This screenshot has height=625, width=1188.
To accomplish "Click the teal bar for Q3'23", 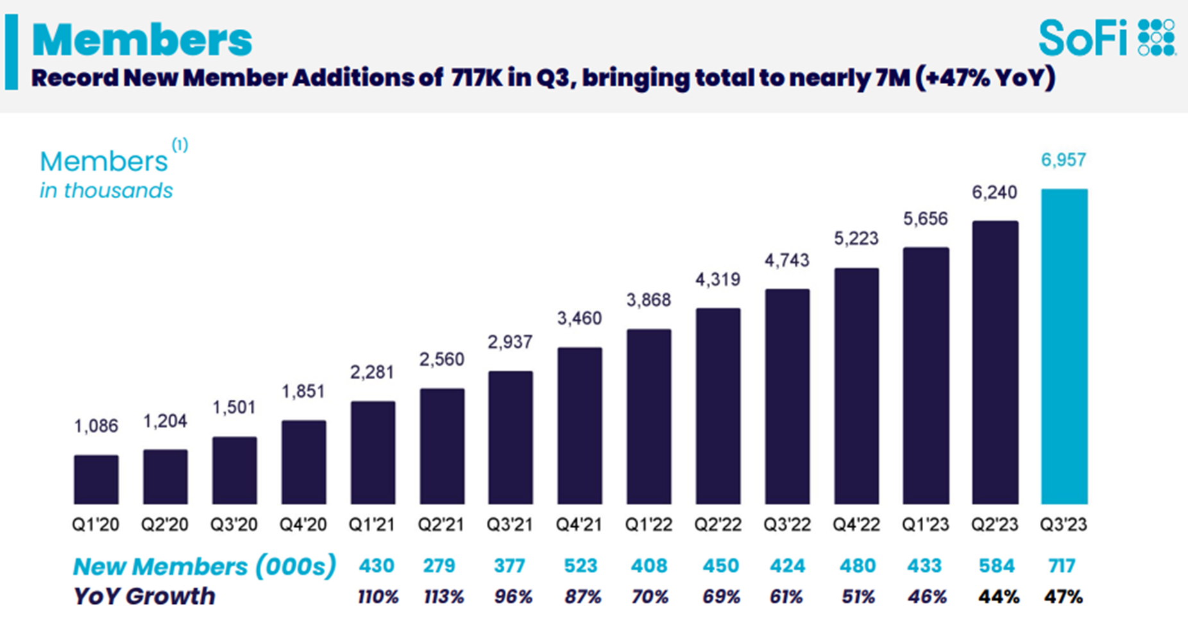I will [x=1064, y=347].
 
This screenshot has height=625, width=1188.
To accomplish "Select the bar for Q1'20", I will [x=96, y=479].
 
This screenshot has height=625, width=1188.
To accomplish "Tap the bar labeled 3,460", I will [x=579, y=425].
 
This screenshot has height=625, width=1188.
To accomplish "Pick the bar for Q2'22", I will [x=718, y=406].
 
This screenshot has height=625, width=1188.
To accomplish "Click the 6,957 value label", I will [x=1063, y=160].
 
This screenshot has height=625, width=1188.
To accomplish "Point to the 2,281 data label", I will [x=372, y=372].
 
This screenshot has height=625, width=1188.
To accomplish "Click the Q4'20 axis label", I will [x=303, y=525].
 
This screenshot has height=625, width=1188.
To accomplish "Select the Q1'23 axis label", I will [x=925, y=525].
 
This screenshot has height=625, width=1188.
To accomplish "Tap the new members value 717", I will [x=1062, y=566].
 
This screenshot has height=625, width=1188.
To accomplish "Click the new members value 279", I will [x=439, y=566].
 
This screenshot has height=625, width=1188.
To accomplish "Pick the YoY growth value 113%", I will [x=443, y=597].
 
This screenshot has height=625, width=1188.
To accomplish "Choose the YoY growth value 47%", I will [x=1063, y=597].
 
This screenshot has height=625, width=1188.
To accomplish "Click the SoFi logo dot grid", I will [x=1157, y=37].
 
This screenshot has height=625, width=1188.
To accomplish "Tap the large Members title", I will [x=142, y=40].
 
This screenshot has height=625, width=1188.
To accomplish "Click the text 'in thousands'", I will [x=106, y=191].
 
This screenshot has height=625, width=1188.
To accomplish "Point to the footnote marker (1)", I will [x=180, y=144].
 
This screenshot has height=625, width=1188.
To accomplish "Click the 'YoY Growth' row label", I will [x=144, y=597].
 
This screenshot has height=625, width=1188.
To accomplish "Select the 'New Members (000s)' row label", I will [x=204, y=567].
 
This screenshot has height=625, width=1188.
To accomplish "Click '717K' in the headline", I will [x=477, y=78].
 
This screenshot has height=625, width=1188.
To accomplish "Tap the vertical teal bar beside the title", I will [x=11, y=53].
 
